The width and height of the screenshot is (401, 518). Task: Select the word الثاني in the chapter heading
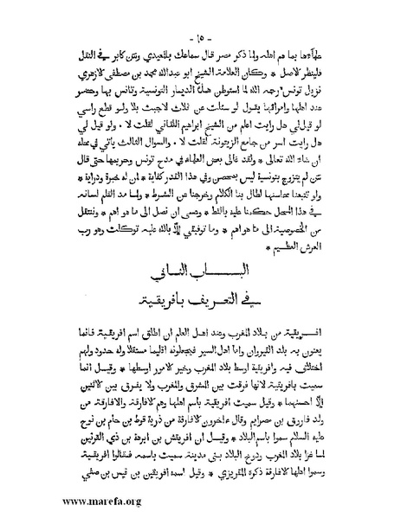click(x=163, y=278)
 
